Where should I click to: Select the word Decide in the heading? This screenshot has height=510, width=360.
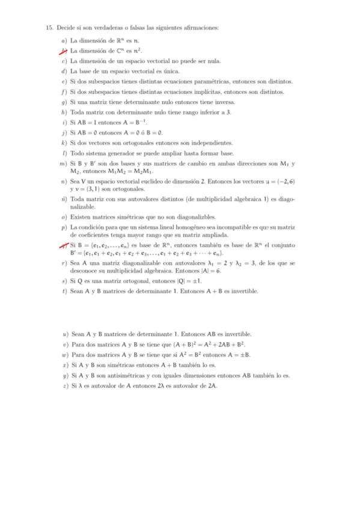point(66,28)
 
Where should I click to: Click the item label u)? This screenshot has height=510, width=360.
point(65,334)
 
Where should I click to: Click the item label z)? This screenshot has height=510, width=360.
point(65,386)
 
